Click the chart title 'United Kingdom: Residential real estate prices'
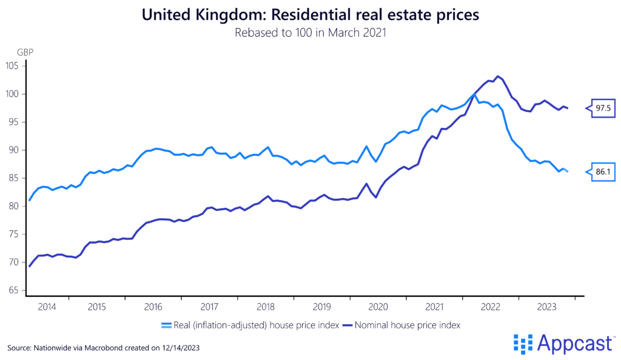point(310,15)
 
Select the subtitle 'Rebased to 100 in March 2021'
point(310,33)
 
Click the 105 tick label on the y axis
point(13,65)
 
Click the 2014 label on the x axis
point(47,307)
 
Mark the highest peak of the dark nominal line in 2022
point(498,76)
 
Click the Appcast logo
point(563,343)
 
